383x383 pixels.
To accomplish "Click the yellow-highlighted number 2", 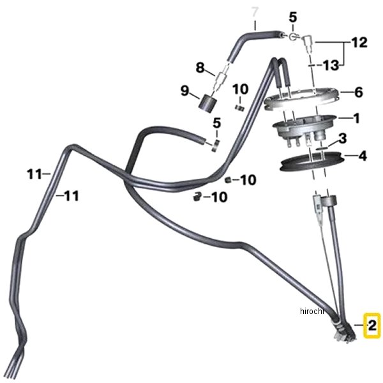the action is (372, 326).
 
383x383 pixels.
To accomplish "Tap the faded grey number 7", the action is (255, 12).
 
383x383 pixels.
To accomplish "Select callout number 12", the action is (359, 43).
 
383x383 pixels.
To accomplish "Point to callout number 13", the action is (331, 65).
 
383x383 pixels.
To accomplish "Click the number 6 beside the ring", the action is (358, 93).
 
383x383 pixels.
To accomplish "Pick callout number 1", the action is (357, 118).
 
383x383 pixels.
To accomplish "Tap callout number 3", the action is (342, 139).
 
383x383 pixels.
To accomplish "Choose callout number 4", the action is (363, 156).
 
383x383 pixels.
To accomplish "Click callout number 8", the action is (200, 68).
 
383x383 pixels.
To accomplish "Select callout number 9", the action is (185, 91).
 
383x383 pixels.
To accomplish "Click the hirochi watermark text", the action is (312, 312).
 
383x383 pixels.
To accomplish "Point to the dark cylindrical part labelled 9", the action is (207, 103).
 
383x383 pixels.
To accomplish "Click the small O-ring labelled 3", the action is (322, 148).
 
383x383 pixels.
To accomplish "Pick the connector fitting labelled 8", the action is (222, 78).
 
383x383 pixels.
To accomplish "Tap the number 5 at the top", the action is (293, 18).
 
